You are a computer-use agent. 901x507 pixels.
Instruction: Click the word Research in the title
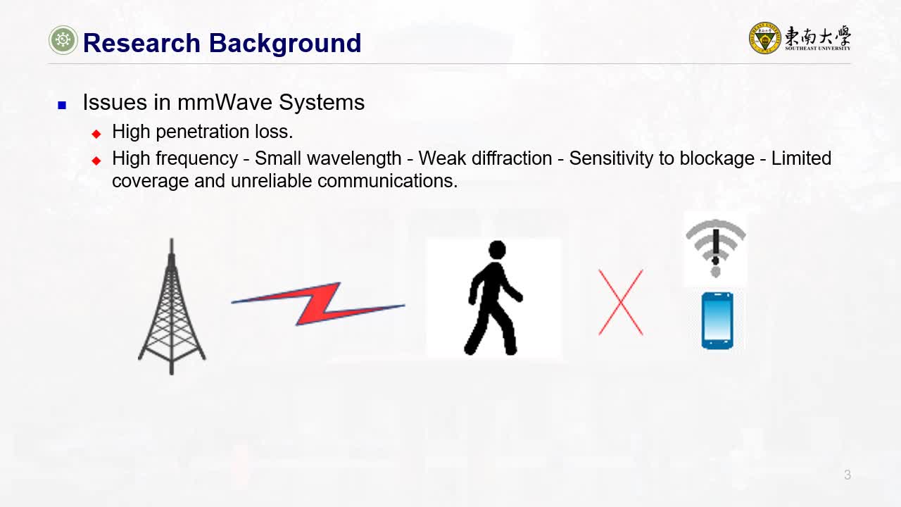tap(141, 43)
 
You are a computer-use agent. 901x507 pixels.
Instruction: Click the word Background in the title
tap(285, 44)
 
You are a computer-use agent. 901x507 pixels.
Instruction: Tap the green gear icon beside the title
tap(63, 40)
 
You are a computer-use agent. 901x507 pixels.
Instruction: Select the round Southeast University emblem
tap(764, 38)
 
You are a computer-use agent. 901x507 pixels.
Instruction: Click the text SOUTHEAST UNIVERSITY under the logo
tap(817, 49)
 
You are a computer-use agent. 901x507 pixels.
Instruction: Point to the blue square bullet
tap(62, 106)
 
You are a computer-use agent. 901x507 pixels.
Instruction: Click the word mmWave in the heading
tap(225, 102)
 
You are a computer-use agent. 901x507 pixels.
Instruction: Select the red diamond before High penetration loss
tap(96, 134)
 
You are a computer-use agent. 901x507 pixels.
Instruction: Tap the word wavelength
tap(354, 158)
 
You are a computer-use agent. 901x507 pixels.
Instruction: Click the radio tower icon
tap(172, 306)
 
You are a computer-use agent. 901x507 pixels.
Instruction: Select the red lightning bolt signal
tap(318, 303)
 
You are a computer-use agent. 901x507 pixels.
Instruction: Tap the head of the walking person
tap(497, 249)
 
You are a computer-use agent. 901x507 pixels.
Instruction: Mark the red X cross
tap(621, 303)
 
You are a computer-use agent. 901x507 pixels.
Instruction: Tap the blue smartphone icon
tap(717, 320)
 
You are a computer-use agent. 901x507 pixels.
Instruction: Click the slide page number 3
tap(848, 475)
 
